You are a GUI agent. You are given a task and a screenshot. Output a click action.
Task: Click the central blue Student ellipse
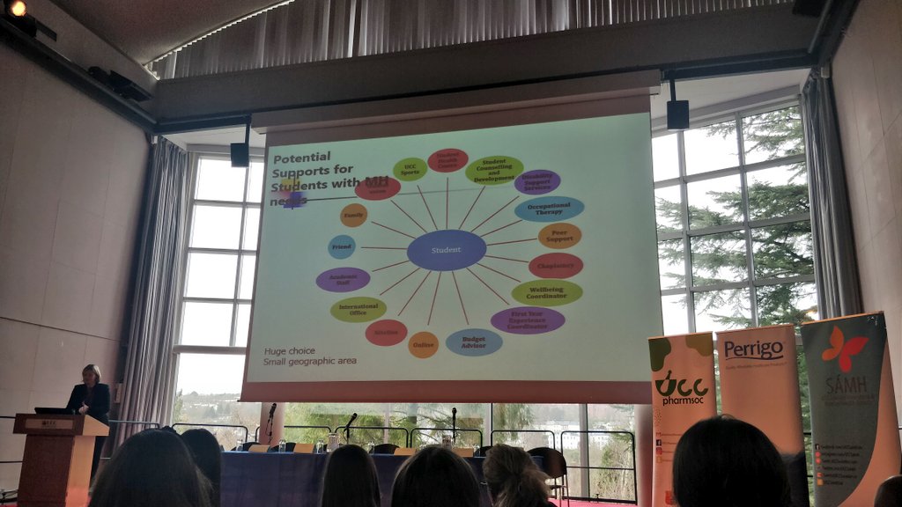pyautogui.click(x=446, y=250)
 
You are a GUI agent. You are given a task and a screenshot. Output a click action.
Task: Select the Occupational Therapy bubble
pyautogui.click(x=549, y=209)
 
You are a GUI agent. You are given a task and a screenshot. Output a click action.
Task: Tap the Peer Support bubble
pyautogui.click(x=559, y=236)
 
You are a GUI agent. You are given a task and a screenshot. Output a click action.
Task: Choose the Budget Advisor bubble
pyautogui.click(x=474, y=342)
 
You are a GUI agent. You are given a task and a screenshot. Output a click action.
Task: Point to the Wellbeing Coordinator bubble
pyautogui.click(x=547, y=292)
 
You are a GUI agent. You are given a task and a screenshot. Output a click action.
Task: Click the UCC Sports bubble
pyautogui.click(x=410, y=169)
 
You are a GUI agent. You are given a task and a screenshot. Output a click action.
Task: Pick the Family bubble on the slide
pyautogui.click(x=353, y=215)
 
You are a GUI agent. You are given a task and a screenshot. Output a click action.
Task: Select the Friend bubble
pyautogui.click(x=342, y=246)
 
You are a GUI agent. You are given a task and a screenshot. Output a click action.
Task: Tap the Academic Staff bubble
pyautogui.click(x=343, y=280)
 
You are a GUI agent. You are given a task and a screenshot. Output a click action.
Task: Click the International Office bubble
pyautogui.click(x=359, y=309)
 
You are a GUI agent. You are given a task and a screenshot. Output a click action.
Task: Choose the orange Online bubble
pyautogui.click(x=423, y=344)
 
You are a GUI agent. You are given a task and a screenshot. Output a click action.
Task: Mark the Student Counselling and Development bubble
pyautogui.click(x=494, y=170)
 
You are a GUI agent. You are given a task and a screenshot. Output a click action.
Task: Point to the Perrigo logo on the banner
pyautogui.click(x=753, y=349)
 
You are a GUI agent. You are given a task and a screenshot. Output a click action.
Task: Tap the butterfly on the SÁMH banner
pyautogui.click(x=844, y=348)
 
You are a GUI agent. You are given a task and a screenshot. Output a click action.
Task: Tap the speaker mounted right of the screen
pyautogui.click(x=677, y=114)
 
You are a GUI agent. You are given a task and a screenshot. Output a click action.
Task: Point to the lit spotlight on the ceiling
pyautogui.click(x=17, y=8)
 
